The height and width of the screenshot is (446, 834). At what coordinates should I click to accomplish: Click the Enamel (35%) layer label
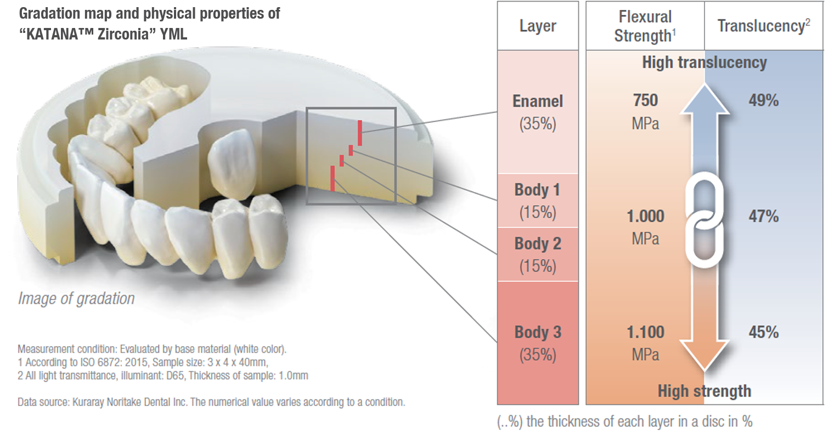(538, 112)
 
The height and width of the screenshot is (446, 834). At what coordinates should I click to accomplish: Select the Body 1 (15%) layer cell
(538, 201)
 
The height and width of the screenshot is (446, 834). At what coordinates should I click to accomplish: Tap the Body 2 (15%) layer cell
(538, 255)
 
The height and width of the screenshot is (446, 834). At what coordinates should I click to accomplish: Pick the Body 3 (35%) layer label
(538, 343)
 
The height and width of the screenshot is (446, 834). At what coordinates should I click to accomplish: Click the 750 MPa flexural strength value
(645, 111)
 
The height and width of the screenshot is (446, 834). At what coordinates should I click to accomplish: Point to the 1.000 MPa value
(645, 227)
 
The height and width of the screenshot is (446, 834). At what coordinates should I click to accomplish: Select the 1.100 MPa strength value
(645, 343)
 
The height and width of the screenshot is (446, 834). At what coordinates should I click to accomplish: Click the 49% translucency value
(763, 100)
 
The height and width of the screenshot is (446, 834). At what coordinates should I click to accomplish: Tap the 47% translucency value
(763, 216)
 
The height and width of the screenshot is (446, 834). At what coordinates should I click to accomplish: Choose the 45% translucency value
(763, 332)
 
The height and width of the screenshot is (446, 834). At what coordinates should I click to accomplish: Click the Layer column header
(538, 26)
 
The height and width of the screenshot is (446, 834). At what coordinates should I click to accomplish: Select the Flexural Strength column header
(645, 26)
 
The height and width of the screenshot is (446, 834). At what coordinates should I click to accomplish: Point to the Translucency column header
(763, 26)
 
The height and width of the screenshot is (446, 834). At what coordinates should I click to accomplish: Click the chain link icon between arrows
(705, 219)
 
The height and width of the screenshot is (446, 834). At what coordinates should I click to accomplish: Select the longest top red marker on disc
(360, 133)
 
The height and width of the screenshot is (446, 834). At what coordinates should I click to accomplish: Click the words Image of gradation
(76, 298)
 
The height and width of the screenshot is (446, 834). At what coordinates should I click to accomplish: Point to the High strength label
(705, 391)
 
